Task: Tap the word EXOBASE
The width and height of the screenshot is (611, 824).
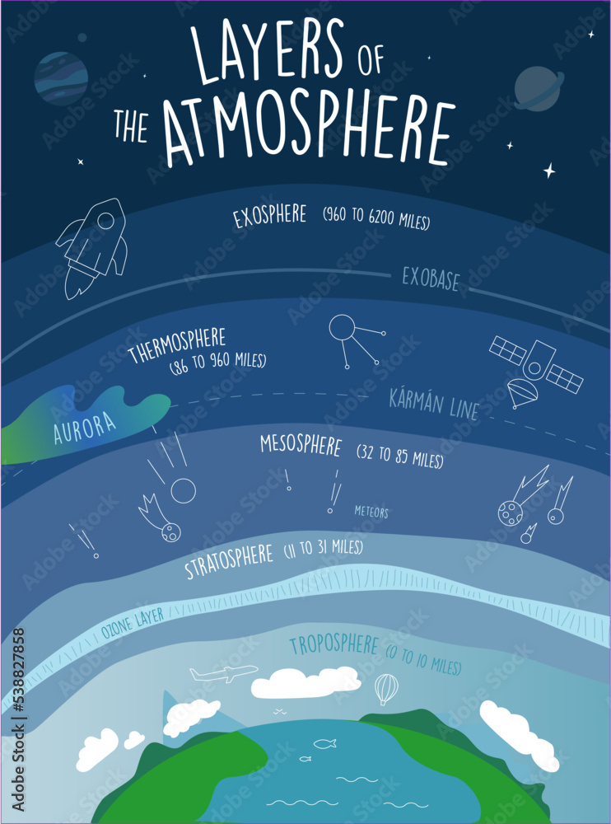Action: pyautogui.click(x=431, y=279)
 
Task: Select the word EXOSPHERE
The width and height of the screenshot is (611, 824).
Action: pyautogui.click(x=269, y=218)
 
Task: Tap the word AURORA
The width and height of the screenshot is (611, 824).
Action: pyautogui.click(x=85, y=426)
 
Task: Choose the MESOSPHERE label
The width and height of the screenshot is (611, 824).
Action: pyautogui.click(x=300, y=446)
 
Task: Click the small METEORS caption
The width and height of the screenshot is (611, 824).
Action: pyautogui.click(x=371, y=513)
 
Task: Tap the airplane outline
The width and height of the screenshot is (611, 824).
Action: pyautogui.click(x=222, y=674)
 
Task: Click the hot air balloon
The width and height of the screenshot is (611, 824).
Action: pyautogui.click(x=385, y=689)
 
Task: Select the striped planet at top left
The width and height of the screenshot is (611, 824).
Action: pyautogui.click(x=61, y=77)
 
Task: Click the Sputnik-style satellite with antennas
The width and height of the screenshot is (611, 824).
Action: pyautogui.click(x=352, y=338)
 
